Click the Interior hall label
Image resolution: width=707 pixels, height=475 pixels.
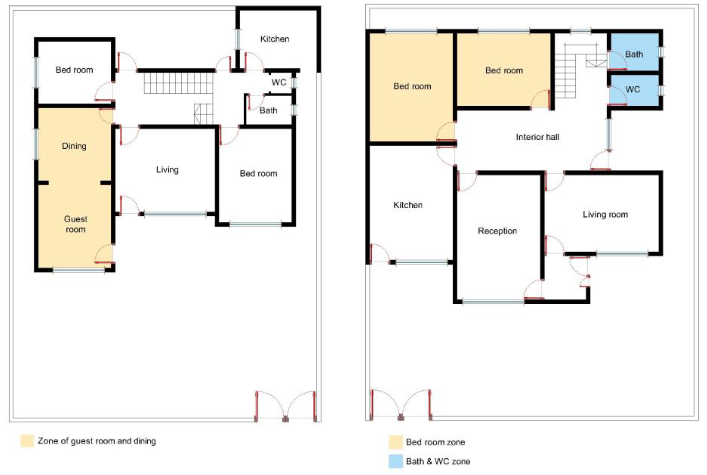point(537,137)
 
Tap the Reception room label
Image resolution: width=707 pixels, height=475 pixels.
point(497,231)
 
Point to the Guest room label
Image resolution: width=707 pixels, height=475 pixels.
point(76,224)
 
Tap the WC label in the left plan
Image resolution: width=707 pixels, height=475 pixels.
point(279,83)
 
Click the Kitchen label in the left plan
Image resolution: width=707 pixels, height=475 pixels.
point(275,39)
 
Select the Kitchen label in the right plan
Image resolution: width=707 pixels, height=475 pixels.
point(407,205)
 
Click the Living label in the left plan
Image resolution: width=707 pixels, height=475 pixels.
point(167,170)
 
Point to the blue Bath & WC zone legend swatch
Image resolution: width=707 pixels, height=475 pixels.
point(396,461)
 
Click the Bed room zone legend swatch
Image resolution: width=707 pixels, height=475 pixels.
point(396,442)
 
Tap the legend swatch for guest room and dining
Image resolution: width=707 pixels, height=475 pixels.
point(27,441)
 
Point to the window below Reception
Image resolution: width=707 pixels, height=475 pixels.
point(493,302)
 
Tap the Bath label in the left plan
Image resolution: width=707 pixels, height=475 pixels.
point(268,110)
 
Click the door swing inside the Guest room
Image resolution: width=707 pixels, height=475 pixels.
point(104,253)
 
